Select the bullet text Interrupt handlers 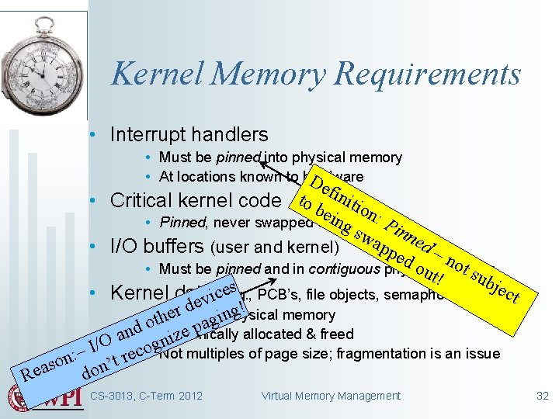click(189, 134)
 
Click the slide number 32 click(543, 396)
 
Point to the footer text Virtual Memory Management click(332, 396)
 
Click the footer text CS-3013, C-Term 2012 click(147, 396)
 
